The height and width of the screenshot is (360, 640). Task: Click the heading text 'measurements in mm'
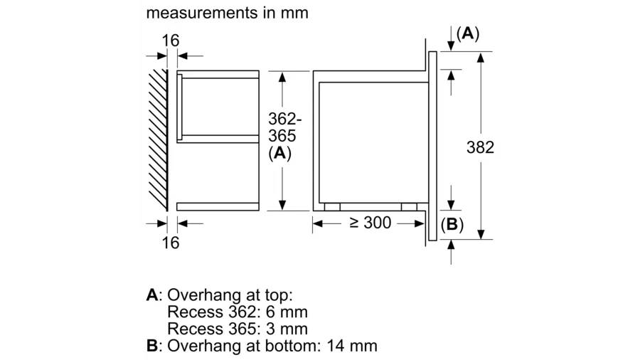227,13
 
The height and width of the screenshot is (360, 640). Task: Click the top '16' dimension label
171,41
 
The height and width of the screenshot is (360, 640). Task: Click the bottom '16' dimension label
171,243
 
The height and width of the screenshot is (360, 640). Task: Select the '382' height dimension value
481,147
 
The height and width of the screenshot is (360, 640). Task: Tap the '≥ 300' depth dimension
370,223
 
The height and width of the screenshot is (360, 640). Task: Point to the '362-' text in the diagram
285,119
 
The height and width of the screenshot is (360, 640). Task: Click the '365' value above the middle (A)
282,136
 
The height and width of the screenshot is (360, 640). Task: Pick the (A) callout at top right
468,33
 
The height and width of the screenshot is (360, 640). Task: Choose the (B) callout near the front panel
452,225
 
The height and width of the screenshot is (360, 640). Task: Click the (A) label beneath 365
280,153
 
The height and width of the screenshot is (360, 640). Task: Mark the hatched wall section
158,140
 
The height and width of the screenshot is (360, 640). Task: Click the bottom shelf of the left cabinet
218,206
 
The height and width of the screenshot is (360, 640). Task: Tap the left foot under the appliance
332,207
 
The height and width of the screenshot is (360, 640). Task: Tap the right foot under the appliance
409,207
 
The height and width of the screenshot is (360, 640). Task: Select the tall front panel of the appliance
432,146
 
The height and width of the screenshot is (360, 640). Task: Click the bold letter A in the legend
152,295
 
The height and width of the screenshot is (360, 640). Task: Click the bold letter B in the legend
152,346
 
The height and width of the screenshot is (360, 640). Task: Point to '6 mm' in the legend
287,312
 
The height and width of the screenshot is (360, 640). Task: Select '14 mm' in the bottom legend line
352,346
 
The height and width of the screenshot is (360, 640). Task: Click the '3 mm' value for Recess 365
287,329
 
